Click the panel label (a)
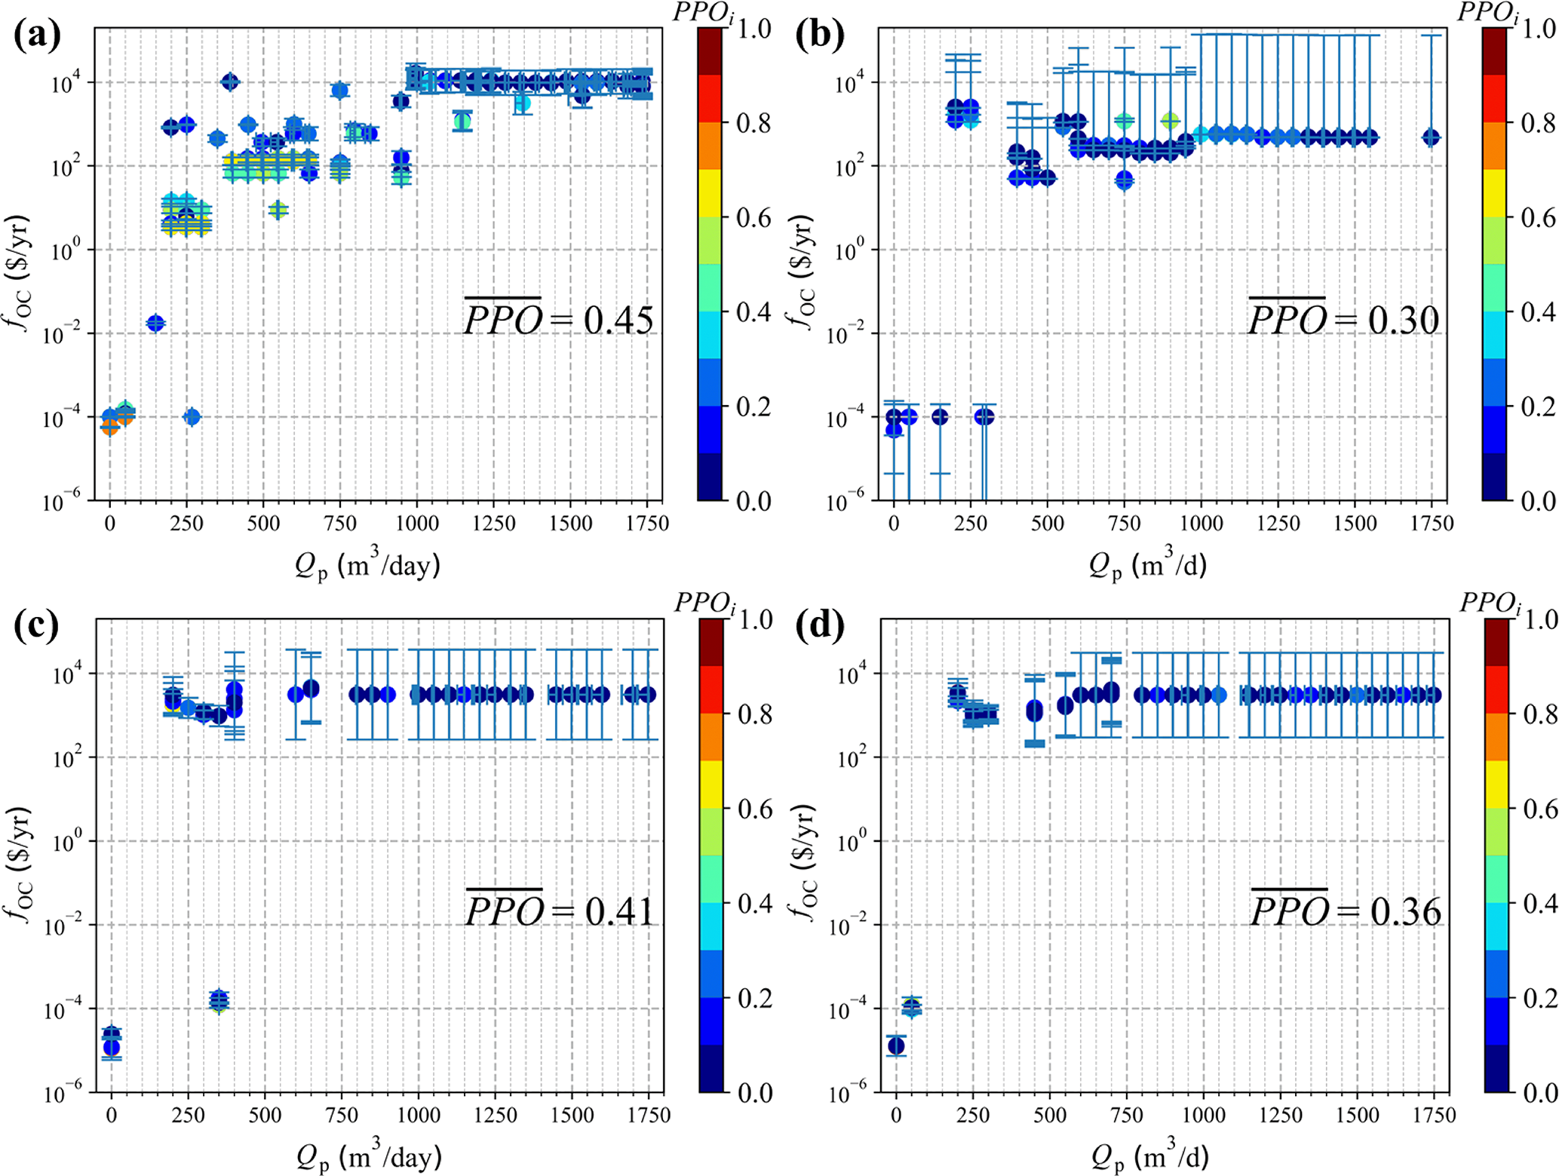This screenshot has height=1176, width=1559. (x=37, y=37)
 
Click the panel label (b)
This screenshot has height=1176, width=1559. (x=821, y=37)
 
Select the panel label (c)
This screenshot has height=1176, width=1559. (x=37, y=628)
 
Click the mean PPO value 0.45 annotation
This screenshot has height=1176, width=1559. (x=558, y=320)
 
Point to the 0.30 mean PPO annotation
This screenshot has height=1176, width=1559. (x=1343, y=320)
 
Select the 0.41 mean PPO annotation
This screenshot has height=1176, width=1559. (x=559, y=911)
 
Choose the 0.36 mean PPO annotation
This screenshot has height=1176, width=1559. (x=1346, y=911)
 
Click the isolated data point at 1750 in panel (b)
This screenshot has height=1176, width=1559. (x=1431, y=137)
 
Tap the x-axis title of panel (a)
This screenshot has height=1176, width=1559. (x=367, y=565)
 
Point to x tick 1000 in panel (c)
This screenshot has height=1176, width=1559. (x=418, y=1115)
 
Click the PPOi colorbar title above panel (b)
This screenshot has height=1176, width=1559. (x=1487, y=13)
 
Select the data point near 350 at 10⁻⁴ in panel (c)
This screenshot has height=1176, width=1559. (x=219, y=1001)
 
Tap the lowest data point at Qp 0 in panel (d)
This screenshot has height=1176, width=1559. (x=896, y=1046)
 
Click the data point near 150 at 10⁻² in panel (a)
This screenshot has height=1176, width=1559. (x=155, y=323)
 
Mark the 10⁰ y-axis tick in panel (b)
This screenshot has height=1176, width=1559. (x=849, y=250)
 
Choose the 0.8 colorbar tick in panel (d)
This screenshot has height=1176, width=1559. (x=1539, y=714)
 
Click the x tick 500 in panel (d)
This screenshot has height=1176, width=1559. (x=1049, y=1115)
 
